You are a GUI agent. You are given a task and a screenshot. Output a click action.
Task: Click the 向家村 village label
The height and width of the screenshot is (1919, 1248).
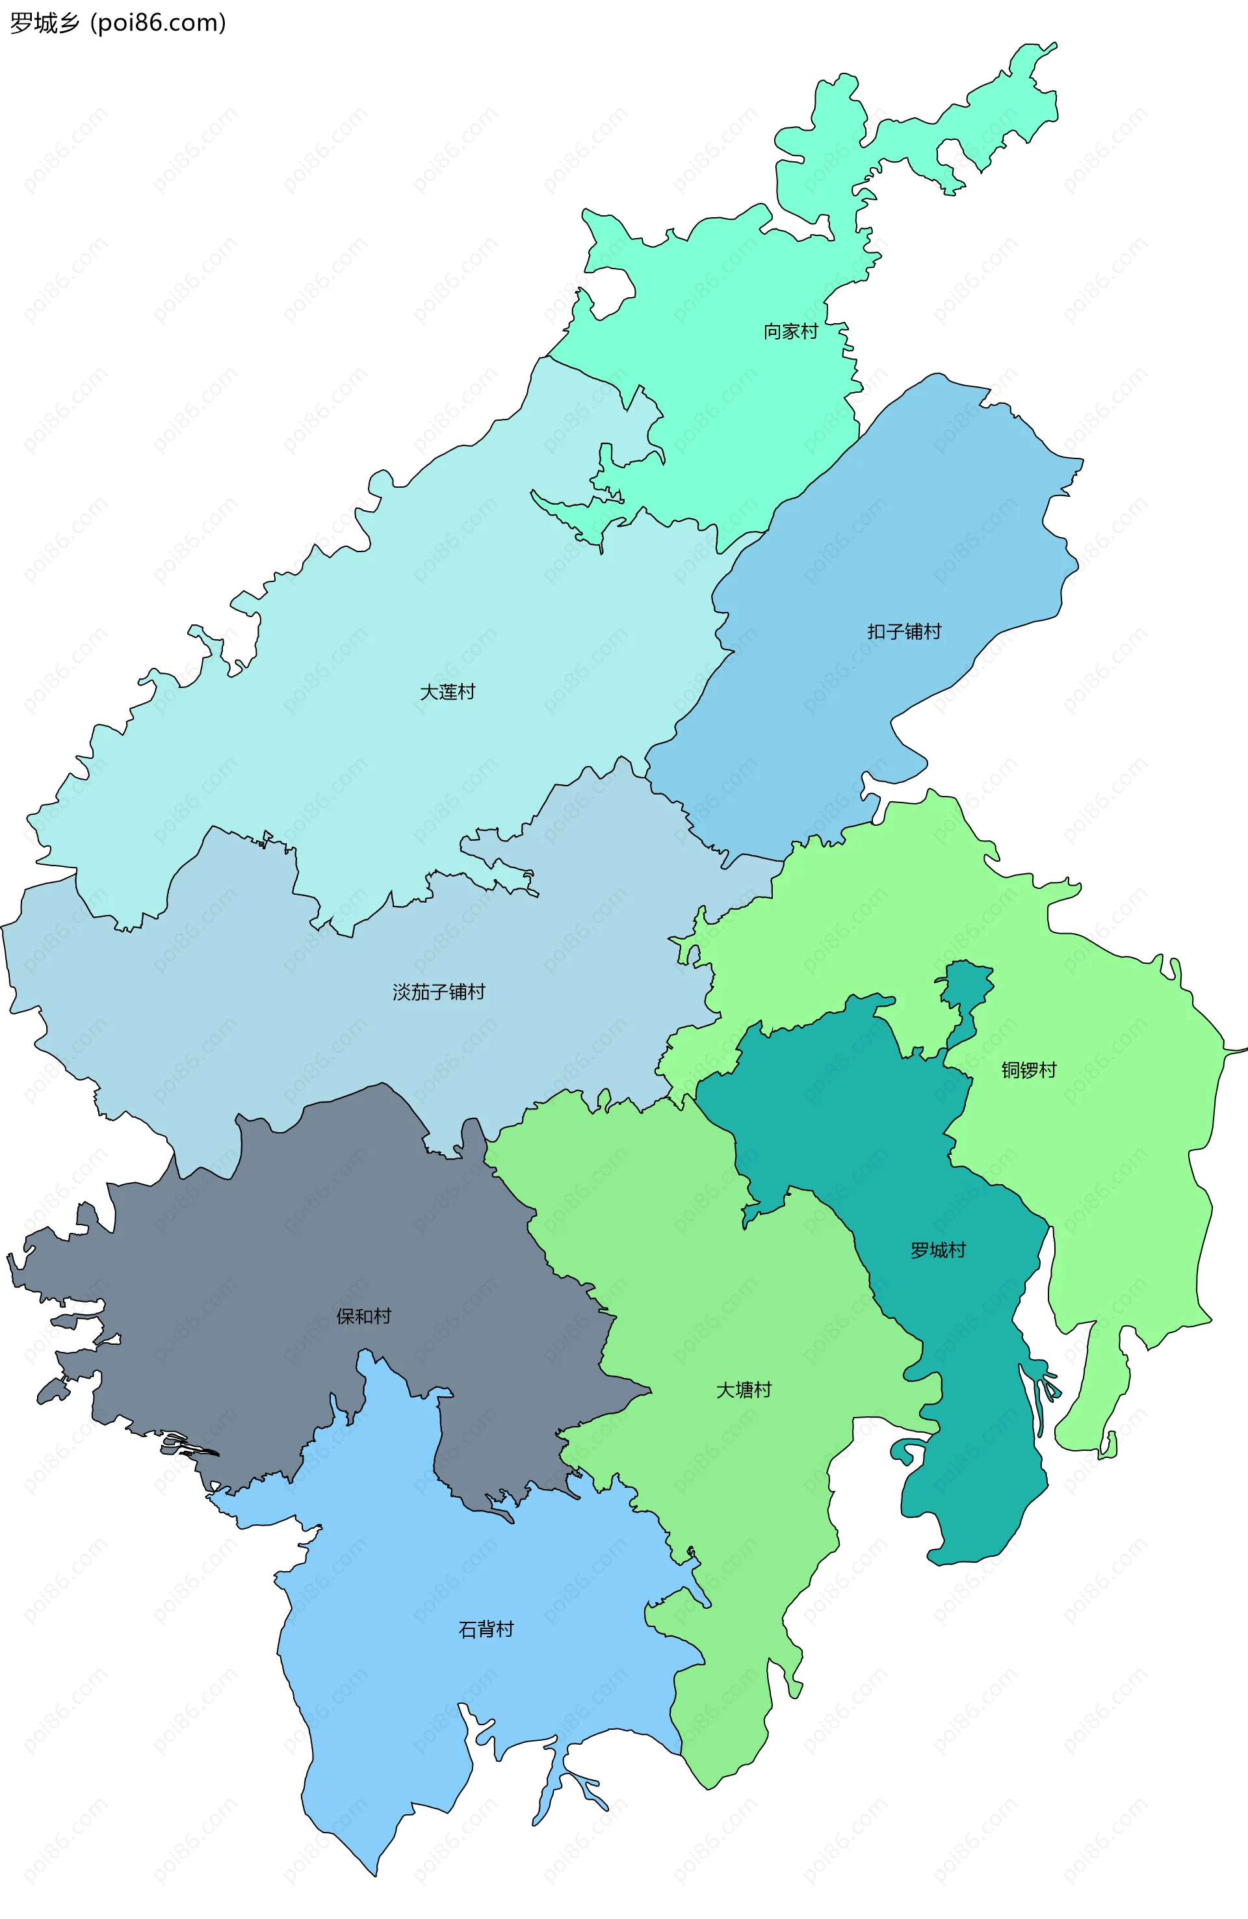tap(790, 332)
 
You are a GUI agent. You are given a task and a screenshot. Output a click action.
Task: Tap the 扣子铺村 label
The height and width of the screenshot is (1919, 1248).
tap(903, 631)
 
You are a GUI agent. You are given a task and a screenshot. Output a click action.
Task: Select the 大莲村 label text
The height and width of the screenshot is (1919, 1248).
tap(447, 692)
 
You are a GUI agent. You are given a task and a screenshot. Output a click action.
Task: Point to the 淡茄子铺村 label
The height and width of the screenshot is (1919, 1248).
tap(439, 992)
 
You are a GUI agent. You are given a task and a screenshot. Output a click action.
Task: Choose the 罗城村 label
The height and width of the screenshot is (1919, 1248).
tap(937, 1251)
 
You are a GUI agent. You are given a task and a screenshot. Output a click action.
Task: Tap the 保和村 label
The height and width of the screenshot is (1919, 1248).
tap(363, 1317)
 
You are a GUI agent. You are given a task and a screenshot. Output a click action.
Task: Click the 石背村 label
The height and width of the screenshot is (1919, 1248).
tap(486, 1630)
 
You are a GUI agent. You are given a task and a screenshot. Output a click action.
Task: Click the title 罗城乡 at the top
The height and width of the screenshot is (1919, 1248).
tap(45, 23)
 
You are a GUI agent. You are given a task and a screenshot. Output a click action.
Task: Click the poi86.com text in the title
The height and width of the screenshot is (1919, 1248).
tap(158, 23)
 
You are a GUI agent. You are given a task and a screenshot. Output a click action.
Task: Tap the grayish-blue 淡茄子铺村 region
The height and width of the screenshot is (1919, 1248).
tap(242, 1008)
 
